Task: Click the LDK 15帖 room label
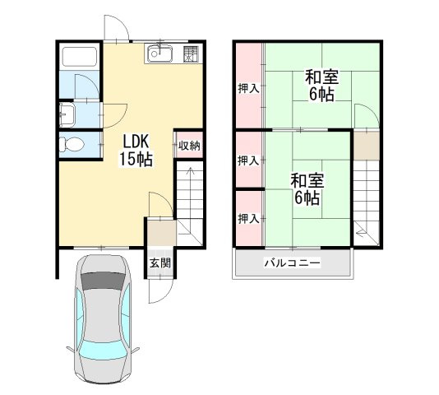pos(136,150)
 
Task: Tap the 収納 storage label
pos(190,146)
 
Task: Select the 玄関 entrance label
pos(159,263)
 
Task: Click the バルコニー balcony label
pos(293,263)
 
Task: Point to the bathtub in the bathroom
pos(80,56)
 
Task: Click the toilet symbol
pos(72,144)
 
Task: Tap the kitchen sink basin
pos(159,53)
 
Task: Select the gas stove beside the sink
pos(191,53)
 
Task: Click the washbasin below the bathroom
pos(67,114)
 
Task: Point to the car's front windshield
pos(103,352)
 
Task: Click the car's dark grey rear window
pos(104,281)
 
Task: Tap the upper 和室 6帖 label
pos(321,85)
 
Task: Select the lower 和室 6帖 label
pos(307,189)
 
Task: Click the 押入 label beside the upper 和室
pos(248,89)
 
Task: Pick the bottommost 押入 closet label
pos(248,219)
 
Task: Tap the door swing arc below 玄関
pos(160,291)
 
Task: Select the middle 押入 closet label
pos(248,161)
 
